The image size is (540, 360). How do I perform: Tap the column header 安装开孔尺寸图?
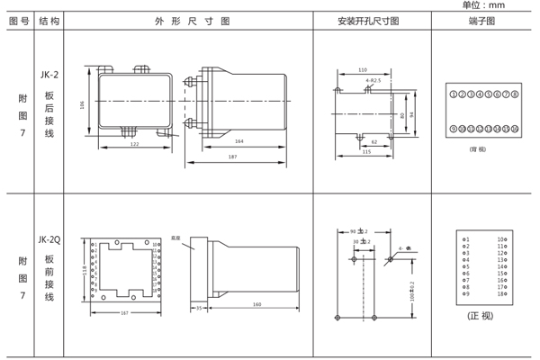[368, 20]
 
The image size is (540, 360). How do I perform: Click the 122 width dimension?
[134, 144]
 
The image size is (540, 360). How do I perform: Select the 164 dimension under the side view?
[238, 141]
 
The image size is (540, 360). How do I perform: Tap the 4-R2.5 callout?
[373, 81]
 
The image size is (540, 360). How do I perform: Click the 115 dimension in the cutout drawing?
[366, 151]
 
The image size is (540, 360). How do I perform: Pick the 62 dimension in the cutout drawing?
[374, 141]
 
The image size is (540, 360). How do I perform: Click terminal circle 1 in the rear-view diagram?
[454, 94]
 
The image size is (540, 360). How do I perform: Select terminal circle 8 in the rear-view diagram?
[515, 94]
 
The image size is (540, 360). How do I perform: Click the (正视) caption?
[480, 317]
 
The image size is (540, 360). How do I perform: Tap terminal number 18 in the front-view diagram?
[501, 294]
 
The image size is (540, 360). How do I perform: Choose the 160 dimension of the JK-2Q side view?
[257, 304]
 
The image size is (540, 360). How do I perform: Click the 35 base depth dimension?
[198, 307]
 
